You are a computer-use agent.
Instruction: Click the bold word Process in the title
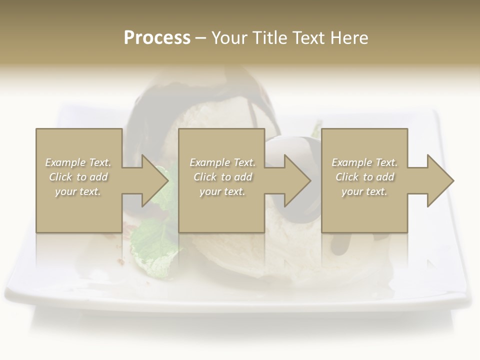(x=157, y=38)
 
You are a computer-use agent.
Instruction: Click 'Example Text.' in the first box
(x=78, y=162)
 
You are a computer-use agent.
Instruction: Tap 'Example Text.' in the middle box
(x=222, y=162)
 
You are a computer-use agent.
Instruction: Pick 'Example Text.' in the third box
(x=364, y=162)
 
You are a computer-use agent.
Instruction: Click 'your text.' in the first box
(x=78, y=191)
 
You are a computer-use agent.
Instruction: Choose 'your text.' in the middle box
(x=222, y=191)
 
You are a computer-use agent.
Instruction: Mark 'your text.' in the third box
(x=364, y=191)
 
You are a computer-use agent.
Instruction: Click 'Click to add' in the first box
(x=78, y=177)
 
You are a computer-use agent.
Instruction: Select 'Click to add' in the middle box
(x=222, y=177)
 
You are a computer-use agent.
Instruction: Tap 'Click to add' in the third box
(x=364, y=177)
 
